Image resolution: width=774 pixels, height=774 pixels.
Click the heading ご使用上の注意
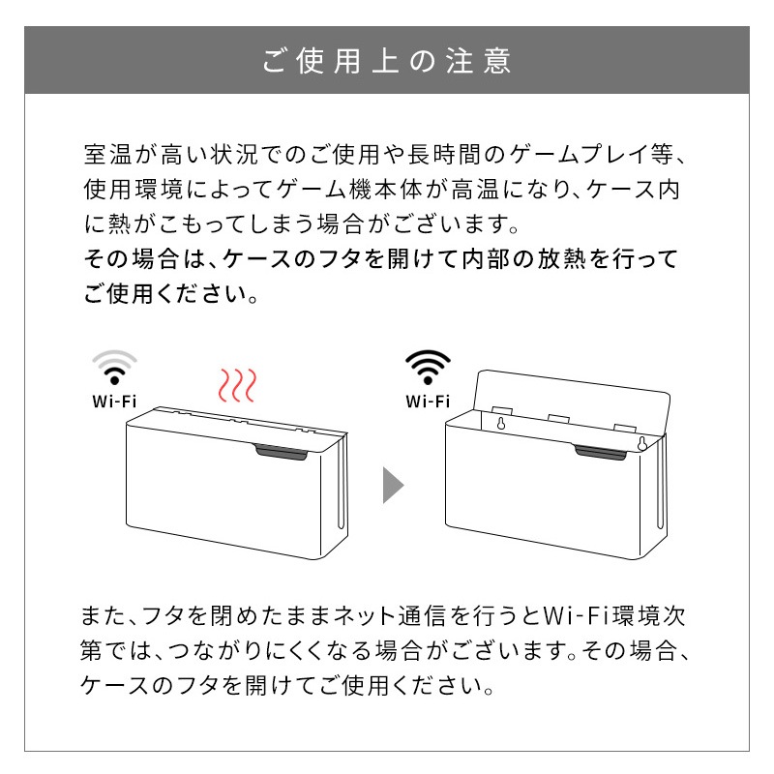coord(386,61)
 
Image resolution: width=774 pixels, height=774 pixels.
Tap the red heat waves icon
coord(237,385)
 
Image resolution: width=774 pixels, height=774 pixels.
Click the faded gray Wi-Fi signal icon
coord(114,368)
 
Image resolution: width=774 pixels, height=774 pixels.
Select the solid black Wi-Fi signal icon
coord(428,368)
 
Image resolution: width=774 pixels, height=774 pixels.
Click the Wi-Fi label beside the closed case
coord(114,402)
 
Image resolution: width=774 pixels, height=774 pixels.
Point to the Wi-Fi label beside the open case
coord(428,402)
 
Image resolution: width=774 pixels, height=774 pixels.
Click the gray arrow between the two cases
coord(394,486)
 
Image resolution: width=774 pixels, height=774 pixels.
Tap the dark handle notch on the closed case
coord(282,452)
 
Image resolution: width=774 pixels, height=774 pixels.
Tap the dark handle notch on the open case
coord(600,452)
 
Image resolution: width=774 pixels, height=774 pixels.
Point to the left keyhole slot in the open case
coord(501,423)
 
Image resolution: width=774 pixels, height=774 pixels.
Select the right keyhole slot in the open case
coord(642,443)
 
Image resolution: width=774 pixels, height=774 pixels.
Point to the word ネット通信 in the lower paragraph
coord(391,616)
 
